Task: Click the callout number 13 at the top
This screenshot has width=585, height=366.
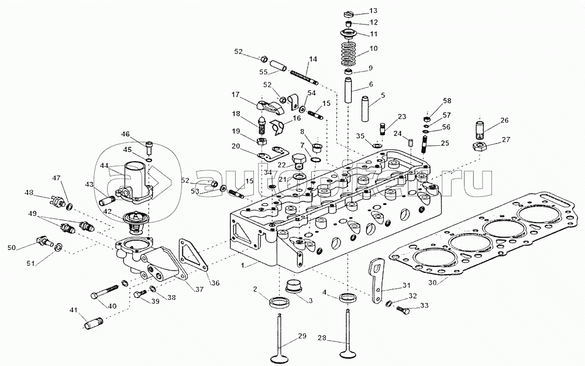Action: click(373, 11)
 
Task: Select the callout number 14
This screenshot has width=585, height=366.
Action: click(313, 59)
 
